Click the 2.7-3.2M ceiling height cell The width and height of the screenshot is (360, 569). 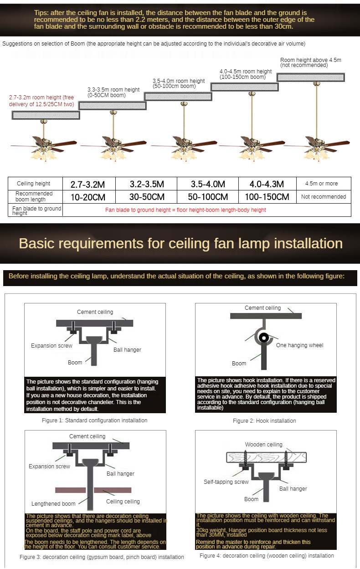click(x=87, y=184)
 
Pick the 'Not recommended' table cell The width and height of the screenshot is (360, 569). click(x=324, y=197)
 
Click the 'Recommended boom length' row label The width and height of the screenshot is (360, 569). click(x=34, y=196)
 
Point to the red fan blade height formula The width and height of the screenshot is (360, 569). click(x=185, y=210)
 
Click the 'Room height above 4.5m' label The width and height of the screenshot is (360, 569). click(x=310, y=62)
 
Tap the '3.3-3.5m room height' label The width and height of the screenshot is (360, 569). click(x=113, y=92)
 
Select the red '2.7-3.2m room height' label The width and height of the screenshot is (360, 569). click(x=41, y=101)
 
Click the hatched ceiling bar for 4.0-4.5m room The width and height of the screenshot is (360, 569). click(x=244, y=87)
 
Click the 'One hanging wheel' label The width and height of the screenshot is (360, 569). click(x=299, y=345)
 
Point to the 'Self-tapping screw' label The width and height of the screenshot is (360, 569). click(x=226, y=482)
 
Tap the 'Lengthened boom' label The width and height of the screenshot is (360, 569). click(x=53, y=504)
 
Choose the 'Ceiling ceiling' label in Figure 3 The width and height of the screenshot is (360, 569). click(x=123, y=502)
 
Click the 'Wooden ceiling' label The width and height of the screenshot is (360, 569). click(x=263, y=445)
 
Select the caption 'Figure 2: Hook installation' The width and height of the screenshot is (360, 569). click(x=264, y=420)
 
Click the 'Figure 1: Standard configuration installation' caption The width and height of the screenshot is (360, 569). click(x=94, y=420)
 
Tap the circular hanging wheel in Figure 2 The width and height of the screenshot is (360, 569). click(x=263, y=338)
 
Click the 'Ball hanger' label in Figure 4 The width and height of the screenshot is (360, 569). click(x=293, y=489)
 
